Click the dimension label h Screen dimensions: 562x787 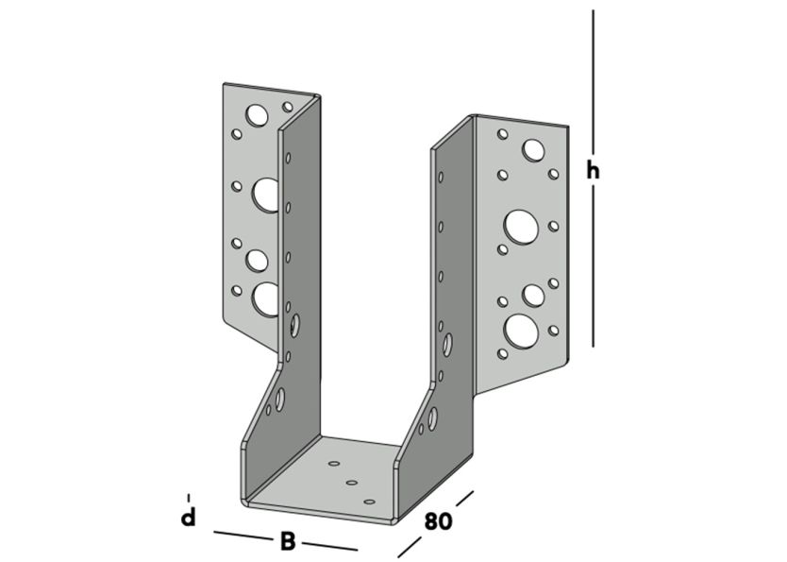(x=593, y=171)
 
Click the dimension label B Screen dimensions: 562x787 (x=288, y=541)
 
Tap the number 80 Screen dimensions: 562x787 (x=439, y=520)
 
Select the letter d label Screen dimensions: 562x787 (x=189, y=518)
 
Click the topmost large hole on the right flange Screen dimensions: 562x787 (x=533, y=149)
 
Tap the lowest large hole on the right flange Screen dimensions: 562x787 (x=521, y=330)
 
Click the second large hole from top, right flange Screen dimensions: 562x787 (x=521, y=226)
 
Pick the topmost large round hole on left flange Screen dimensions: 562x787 (x=257, y=115)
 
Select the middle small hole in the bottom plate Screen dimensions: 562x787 (x=352, y=483)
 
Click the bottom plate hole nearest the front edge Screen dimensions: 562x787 (x=369, y=501)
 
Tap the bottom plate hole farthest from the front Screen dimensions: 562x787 (x=333, y=465)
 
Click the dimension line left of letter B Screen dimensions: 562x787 (x=243, y=536)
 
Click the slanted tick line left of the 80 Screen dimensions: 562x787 (x=408, y=547)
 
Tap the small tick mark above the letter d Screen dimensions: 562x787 (x=189, y=497)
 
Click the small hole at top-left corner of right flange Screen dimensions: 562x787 (x=503, y=134)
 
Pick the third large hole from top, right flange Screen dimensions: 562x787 (x=534, y=295)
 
